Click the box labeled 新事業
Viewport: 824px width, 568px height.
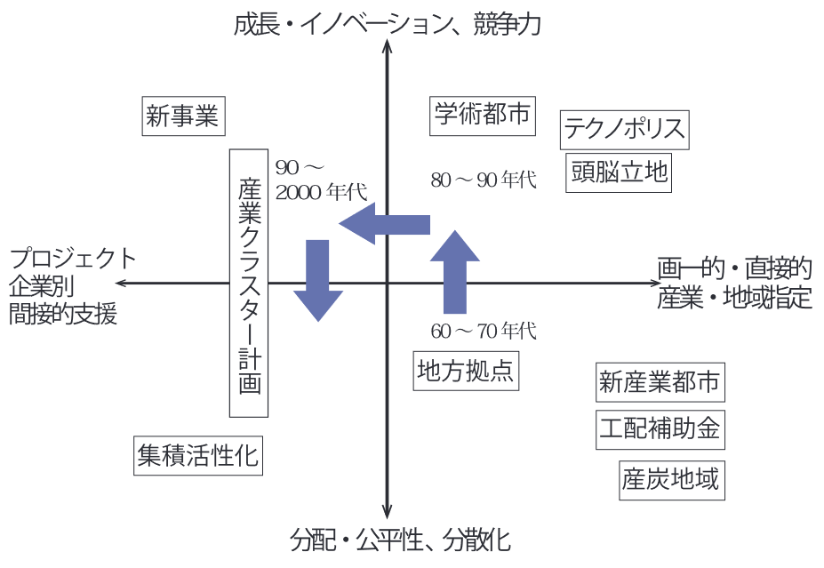tap(183, 116)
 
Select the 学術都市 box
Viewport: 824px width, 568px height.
tap(483, 116)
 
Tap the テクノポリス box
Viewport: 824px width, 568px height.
tap(625, 130)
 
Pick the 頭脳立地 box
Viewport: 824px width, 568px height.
tap(619, 172)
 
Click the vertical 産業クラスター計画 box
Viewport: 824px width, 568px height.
tap(249, 283)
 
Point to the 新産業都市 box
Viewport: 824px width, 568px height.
tap(659, 382)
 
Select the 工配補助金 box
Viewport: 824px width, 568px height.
tap(659, 429)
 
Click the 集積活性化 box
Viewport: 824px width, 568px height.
tap(198, 455)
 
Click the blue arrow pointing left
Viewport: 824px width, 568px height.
tap(384, 224)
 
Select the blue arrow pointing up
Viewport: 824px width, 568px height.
tap(454, 271)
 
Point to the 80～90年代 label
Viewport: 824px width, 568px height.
tap(484, 180)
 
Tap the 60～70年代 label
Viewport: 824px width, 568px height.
tap(484, 332)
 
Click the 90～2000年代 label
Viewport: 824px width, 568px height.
tap(320, 180)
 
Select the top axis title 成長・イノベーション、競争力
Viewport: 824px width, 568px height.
tap(387, 25)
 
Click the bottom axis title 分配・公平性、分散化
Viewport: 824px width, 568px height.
tap(401, 540)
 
